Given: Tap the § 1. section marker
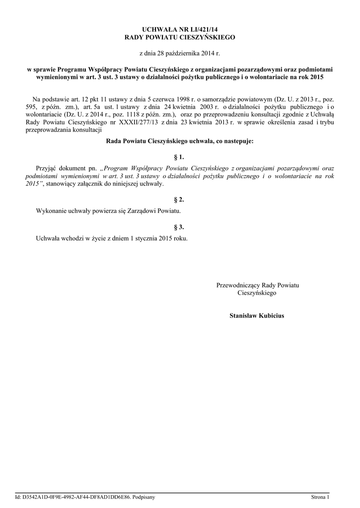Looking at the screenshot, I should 180,157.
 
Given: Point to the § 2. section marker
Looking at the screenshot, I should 180,199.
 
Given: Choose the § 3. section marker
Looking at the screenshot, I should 180,227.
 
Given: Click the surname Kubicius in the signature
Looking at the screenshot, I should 271,316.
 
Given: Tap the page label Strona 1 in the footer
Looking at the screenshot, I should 320,497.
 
